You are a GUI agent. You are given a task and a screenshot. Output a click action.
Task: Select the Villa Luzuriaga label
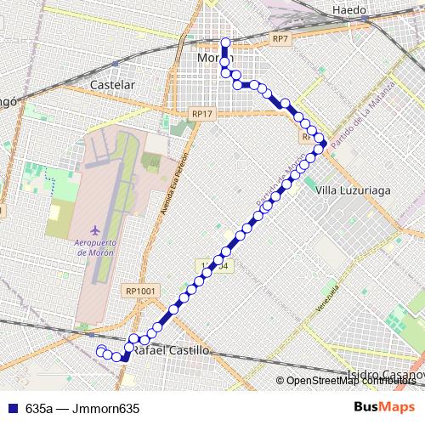(353, 191)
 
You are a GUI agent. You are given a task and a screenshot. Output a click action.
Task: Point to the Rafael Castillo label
(172, 349)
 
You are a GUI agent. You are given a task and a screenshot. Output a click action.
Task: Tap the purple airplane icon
(94, 229)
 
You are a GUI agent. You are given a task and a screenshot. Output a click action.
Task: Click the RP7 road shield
(281, 39)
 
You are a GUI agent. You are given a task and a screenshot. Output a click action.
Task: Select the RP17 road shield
(202, 112)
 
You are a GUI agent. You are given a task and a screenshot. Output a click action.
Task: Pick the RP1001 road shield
(140, 290)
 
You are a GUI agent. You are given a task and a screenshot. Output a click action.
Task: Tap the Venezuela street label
(322, 297)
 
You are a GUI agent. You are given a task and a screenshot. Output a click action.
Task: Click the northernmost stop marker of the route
(225, 42)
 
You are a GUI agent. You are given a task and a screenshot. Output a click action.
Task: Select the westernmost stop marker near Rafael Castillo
(101, 350)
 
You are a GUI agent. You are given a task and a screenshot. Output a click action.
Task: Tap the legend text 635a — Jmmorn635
(82, 408)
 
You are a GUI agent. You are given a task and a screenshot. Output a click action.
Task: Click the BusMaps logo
(385, 407)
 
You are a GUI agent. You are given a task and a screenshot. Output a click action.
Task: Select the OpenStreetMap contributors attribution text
(353, 381)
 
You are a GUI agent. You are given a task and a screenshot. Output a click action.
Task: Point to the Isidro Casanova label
(387, 375)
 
